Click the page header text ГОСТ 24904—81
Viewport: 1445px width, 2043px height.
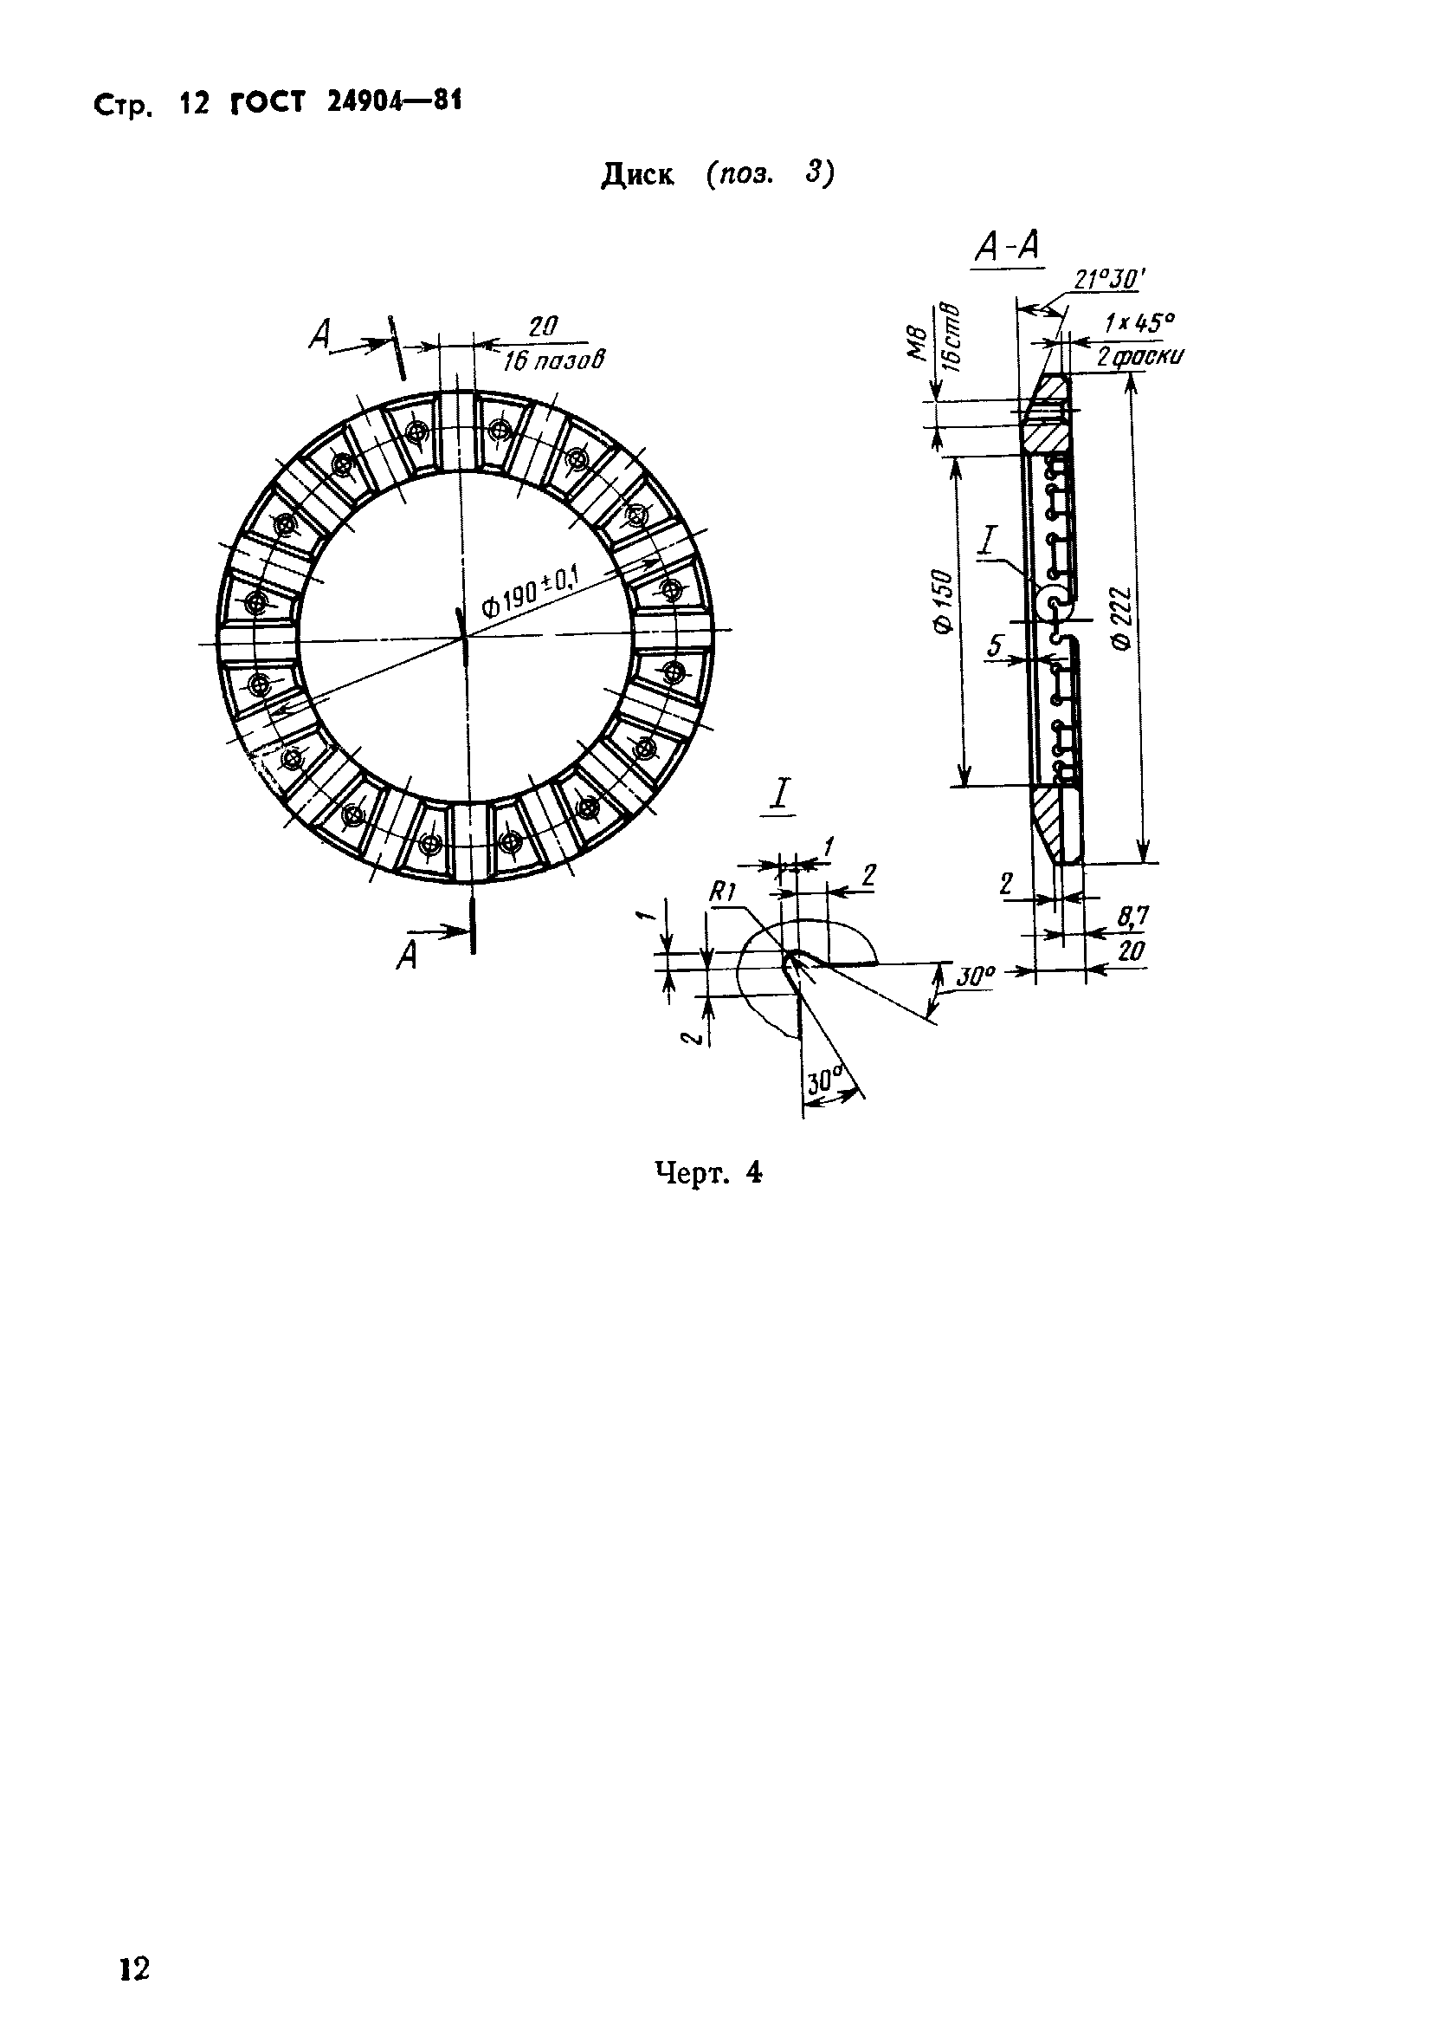346,103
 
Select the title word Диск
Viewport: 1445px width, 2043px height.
637,175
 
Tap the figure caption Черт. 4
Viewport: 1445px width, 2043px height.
709,1174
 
